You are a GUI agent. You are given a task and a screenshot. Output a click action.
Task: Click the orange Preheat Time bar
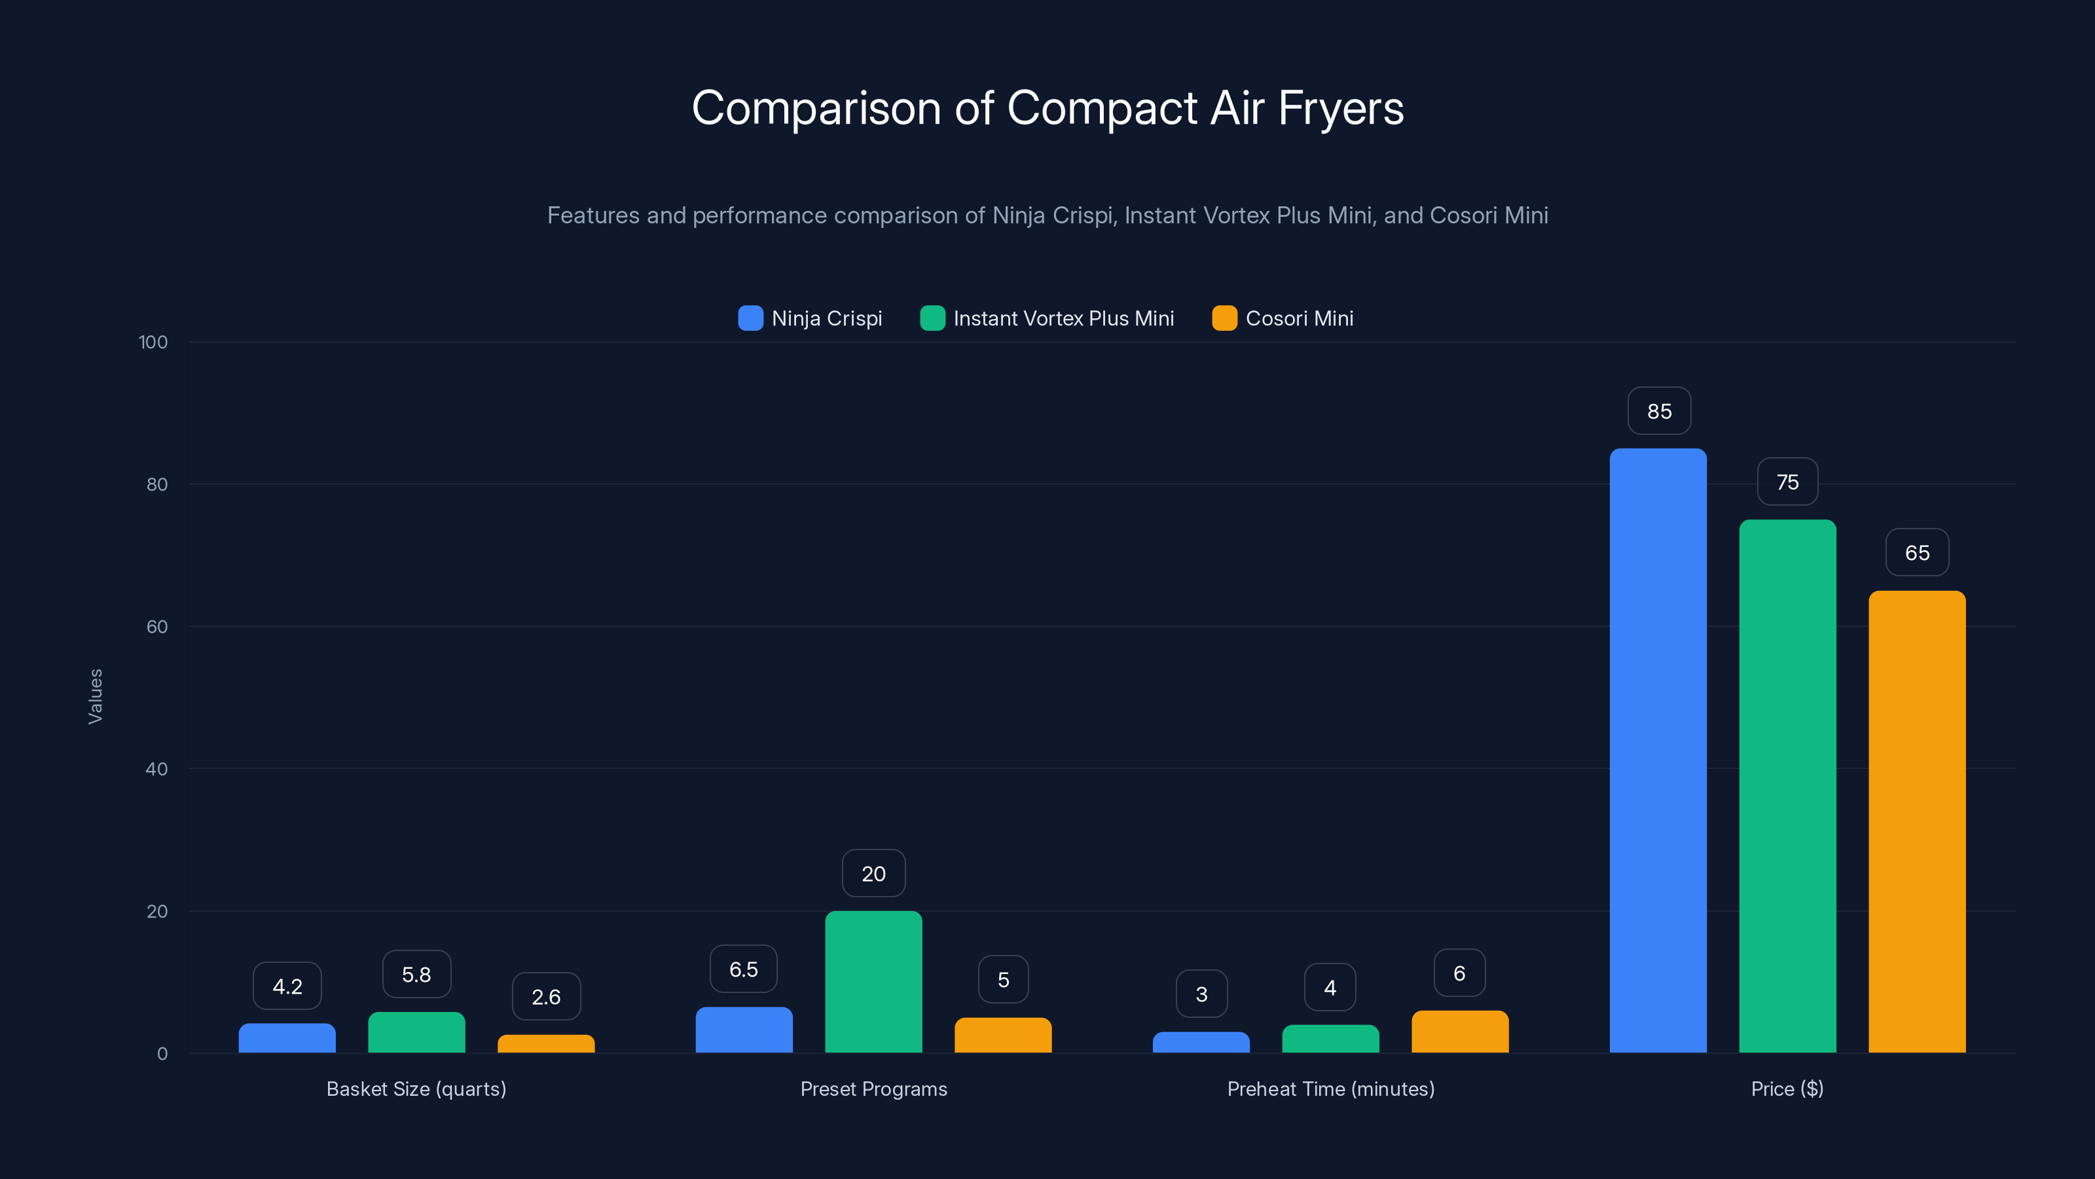(1460, 1032)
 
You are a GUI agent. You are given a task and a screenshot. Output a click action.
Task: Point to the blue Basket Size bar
(287, 1038)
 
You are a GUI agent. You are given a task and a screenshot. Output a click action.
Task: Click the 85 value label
(1659, 412)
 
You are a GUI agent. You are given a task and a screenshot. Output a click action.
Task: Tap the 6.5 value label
(743, 969)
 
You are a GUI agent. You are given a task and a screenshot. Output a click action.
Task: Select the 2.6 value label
(546, 997)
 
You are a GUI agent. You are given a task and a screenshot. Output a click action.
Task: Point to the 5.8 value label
(416, 974)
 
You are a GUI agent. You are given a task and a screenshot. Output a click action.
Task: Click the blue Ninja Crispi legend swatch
(750, 318)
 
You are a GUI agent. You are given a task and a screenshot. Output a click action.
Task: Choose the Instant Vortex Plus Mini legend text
(1063, 318)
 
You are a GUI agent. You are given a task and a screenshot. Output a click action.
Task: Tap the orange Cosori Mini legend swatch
(1224, 318)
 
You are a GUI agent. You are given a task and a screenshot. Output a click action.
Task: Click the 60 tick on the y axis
(157, 627)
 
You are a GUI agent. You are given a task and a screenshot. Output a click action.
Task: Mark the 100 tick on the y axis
(153, 342)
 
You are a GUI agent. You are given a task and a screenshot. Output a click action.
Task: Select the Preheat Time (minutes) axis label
(1330, 1089)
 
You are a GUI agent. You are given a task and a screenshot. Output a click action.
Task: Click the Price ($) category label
(1787, 1089)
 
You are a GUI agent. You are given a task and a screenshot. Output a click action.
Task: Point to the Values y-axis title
(95, 696)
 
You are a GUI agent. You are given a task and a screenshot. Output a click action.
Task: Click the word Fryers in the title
(1340, 108)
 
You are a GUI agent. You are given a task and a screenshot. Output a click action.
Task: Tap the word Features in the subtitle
(593, 215)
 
